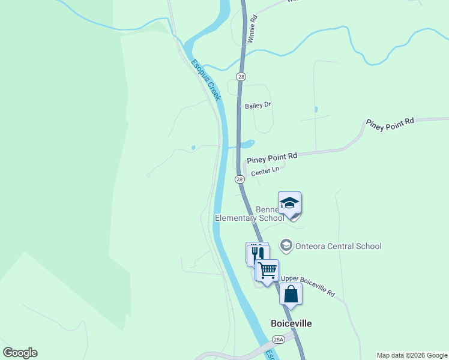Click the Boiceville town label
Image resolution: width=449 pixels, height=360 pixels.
(x=291, y=323)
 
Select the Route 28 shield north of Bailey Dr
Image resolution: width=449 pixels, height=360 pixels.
(x=241, y=77)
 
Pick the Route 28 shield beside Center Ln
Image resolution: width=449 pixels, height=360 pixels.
(x=240, y=179)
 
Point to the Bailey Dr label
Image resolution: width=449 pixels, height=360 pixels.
(x=258, y=106)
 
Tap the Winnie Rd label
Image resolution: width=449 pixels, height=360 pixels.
(x=252, y=29)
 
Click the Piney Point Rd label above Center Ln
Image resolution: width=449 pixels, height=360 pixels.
(x=272, y=157)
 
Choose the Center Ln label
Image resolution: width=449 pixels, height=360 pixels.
(x=265, y=172)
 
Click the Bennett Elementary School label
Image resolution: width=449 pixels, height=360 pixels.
(x=249, y=214)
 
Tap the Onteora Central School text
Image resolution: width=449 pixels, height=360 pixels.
(x=338, y=246)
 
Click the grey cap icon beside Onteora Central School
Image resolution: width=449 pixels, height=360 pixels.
(x=286, y=245)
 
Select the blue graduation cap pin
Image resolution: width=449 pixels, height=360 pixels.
(x=289, y=203)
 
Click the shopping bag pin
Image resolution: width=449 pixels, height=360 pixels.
(x=291, y=294)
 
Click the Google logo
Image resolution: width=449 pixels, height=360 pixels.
(x=20, y=353)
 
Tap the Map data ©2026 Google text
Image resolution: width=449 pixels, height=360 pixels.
(x=411, y=355)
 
